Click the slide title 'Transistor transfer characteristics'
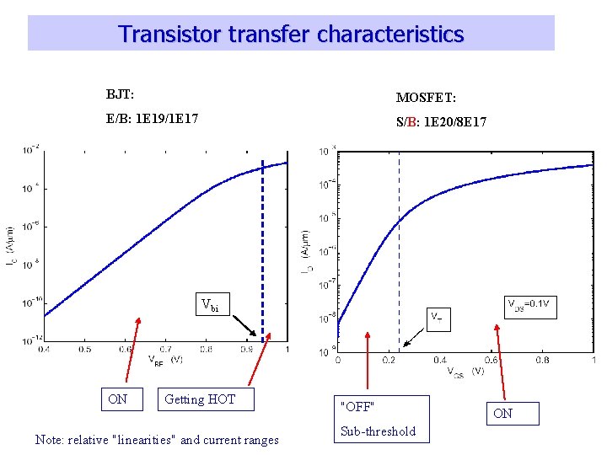click(291, 34)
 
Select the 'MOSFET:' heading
click(426, 99)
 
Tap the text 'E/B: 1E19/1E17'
click(153, 120)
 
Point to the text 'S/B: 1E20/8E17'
click(441, 122)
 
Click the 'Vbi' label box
click(209, 305)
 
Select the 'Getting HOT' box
click(206, 399)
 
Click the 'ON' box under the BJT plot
click(118, 399)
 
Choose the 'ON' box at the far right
click(502, 413)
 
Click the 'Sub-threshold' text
click(378, 431)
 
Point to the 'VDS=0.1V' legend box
click(529, 302)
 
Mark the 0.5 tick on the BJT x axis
click(85, 349)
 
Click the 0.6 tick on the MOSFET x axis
click(491, 361)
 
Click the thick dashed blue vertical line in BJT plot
click(263, 253)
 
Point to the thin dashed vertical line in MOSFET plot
click(400, 253)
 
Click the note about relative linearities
click(157, 439)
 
